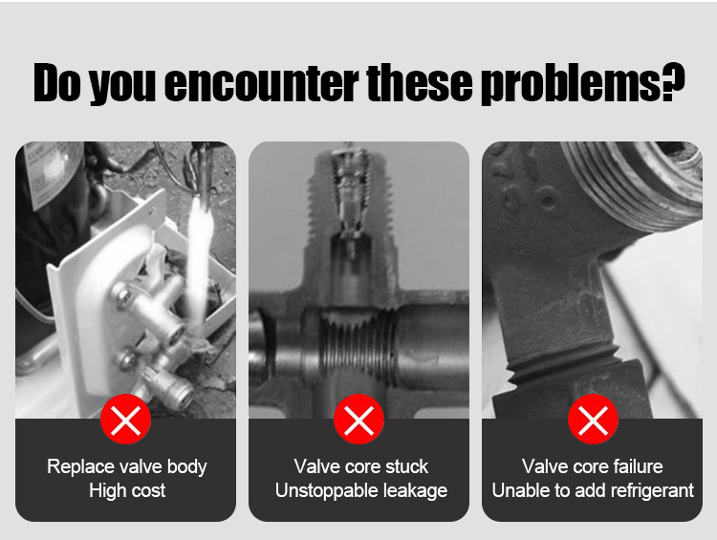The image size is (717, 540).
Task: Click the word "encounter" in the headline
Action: pos(261,83)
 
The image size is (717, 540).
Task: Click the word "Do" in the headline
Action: pos(57,83)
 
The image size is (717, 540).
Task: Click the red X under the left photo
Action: pos(126,420)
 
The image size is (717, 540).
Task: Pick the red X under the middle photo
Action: pos(358,420)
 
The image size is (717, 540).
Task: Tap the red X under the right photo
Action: pos(593,420)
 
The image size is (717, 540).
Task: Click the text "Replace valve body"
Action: pos(126,466)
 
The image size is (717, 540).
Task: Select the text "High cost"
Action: pos(127,490)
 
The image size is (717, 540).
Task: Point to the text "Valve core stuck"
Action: pos(360,466)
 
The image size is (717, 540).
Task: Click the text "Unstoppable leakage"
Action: pos(361,491)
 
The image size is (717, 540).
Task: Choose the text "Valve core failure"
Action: pos(592,466)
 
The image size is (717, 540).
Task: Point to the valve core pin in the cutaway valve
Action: pos(350,201)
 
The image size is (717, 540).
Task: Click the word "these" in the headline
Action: pos(420,83)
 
